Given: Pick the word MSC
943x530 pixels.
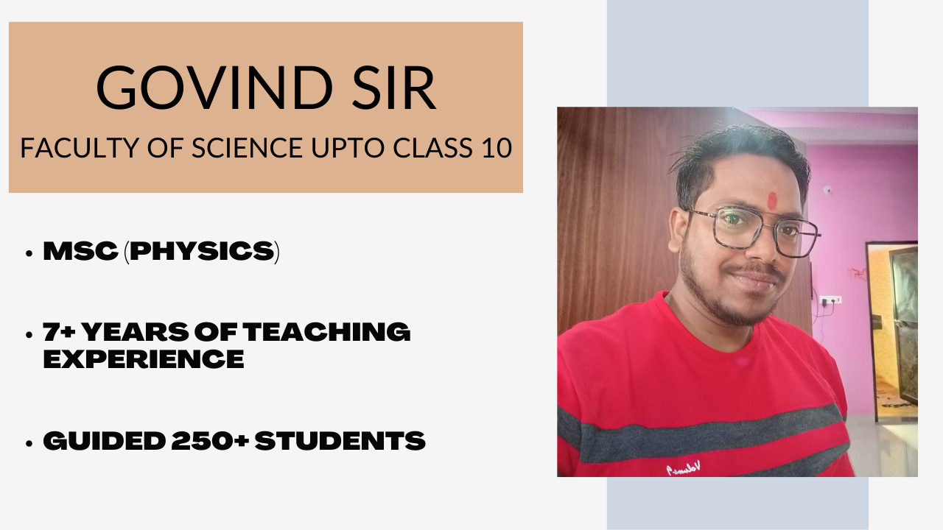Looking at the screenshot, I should (x=80, y=252).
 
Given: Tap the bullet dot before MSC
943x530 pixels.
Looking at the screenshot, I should (x=29, y=253).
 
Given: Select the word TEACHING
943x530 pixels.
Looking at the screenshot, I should (x=327, y=333).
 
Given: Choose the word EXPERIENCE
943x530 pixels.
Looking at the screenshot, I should (x=144, y=359).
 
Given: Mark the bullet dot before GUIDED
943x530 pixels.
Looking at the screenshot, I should (x=29, y=443).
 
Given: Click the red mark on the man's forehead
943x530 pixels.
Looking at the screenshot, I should (x=772, y=200).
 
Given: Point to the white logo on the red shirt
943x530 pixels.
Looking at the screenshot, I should (x=684, y=467).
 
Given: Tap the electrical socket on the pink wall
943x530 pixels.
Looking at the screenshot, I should (x=830, y=300).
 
